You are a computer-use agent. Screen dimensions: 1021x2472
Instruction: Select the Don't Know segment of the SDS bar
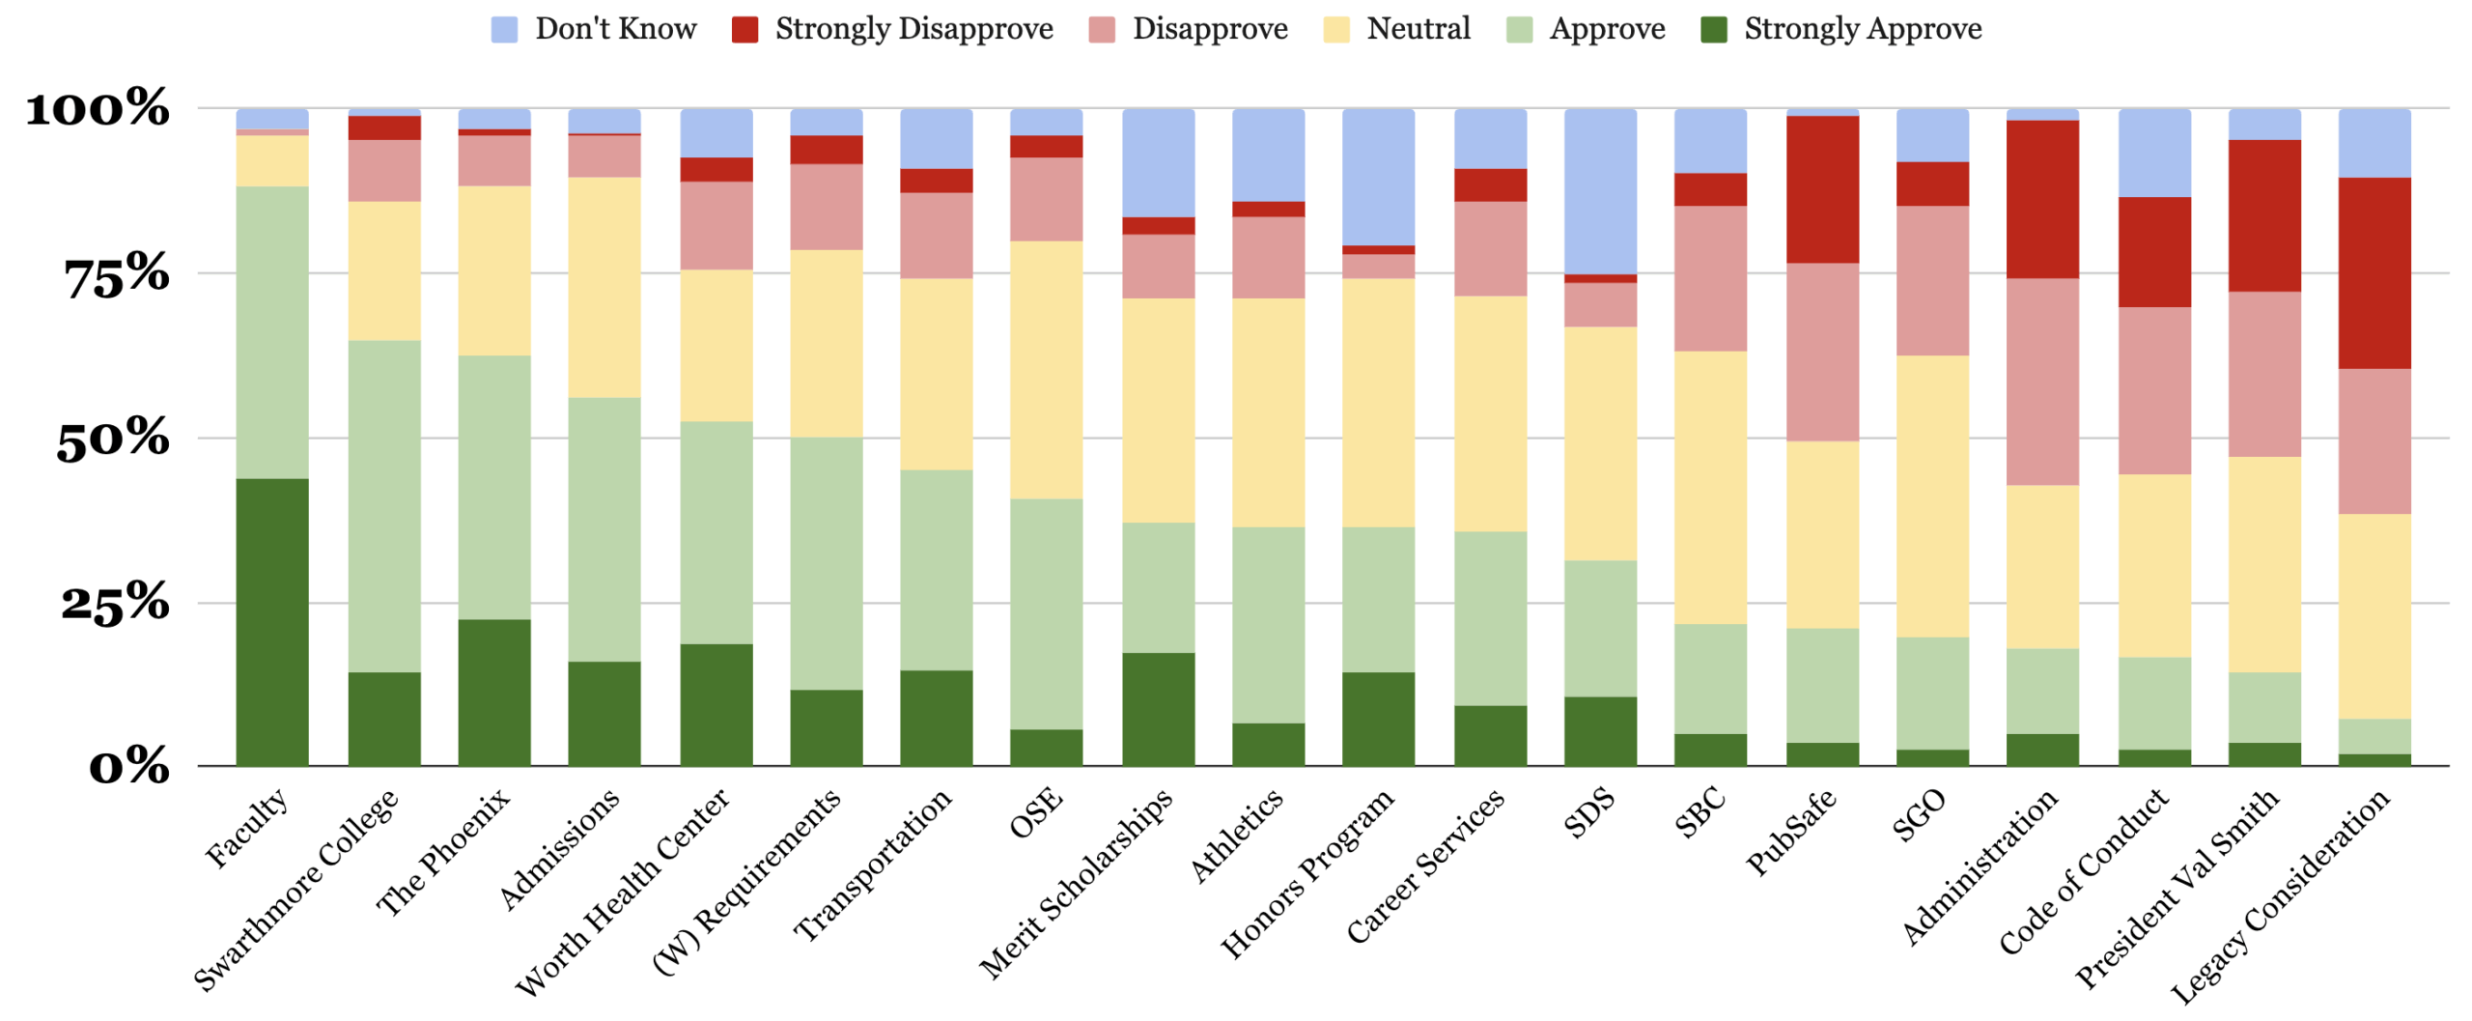[1599, 191]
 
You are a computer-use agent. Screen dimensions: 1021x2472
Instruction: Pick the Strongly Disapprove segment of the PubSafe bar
[1821, 189]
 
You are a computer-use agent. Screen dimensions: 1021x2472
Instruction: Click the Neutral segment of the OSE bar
[1045, 369]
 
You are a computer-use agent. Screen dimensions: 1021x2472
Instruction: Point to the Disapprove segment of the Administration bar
[2041, 382]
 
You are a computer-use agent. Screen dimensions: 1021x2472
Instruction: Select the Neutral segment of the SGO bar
[1931, 496]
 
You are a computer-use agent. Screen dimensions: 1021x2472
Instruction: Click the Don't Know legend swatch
[503, 29]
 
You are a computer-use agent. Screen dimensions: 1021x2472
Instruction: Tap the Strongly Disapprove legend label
[913, 29]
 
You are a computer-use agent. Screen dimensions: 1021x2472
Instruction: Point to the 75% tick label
[117, 275]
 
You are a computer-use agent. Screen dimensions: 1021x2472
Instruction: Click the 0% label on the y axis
[129, 767]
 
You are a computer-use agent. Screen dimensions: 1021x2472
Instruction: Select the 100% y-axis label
[98, 107]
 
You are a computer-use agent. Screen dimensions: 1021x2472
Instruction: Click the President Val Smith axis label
[2177, 889]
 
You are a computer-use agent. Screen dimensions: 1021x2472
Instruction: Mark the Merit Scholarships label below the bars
[1076, 883]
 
